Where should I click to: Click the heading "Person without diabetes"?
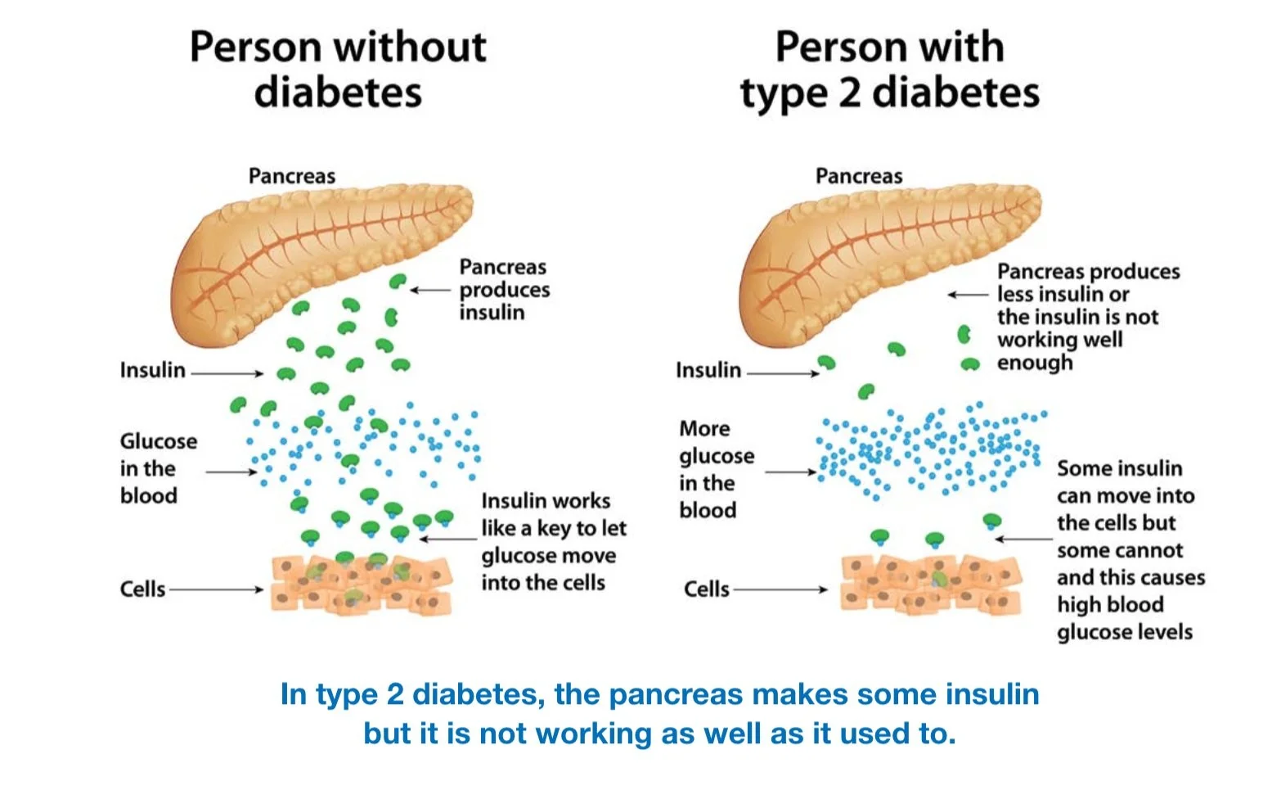point(338,69)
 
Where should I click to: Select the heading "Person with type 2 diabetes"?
point(890,69)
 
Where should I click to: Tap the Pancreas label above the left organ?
point(292,176)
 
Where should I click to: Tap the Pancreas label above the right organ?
point(859,176)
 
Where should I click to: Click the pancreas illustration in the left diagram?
point(319,254)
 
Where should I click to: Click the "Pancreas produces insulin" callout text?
point(504,290)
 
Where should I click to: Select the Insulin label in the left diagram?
point(153,370)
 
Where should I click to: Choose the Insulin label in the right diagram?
point(708,370)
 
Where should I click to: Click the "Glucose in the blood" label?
point(159,468)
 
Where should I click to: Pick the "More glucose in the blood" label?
point(717,469)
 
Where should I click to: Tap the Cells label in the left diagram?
point(142,589)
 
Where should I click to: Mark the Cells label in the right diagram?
point(706,589)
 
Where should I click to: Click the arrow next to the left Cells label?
point(216,589)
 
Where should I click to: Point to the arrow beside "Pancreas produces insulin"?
point(430,290)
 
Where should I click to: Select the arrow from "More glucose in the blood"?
point(790,472)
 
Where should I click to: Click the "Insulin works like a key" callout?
point(554,541)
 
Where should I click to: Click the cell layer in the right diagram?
point(931,583)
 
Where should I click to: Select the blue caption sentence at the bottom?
point(659,713)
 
